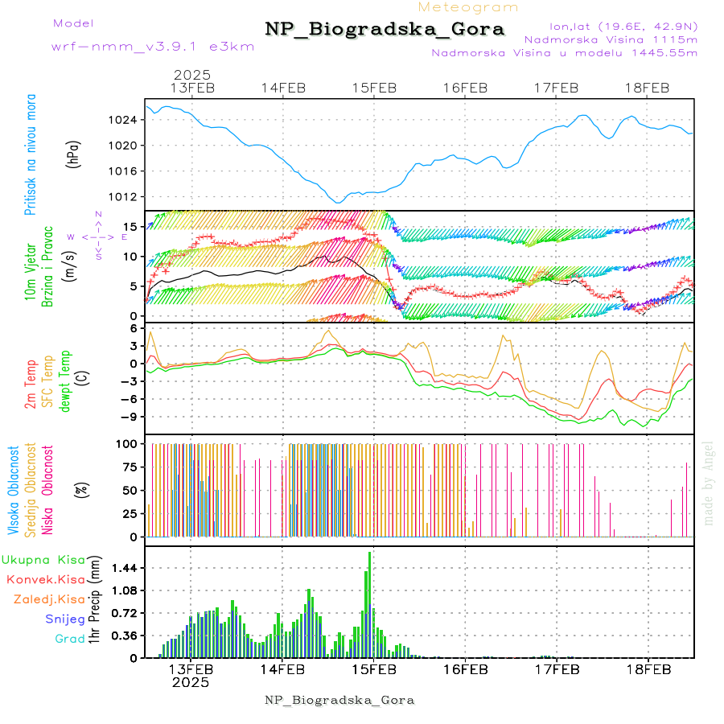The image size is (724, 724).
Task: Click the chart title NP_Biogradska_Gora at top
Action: coord(385,30)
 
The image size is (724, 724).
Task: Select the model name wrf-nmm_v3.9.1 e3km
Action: coord(153,46)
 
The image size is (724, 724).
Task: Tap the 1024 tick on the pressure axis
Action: coord(125,120)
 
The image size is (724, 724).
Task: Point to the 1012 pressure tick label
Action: coord(125,196)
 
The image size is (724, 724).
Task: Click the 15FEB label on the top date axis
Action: coord(374,88)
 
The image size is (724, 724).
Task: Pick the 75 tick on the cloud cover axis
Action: coord(129,466)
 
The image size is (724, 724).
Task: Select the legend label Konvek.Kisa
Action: coord(45,579)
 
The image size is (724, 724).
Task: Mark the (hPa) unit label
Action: coord(72,153)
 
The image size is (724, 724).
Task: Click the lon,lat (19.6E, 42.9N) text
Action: coord(623,26)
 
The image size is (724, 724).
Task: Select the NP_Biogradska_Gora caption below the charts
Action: coord(339,700)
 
